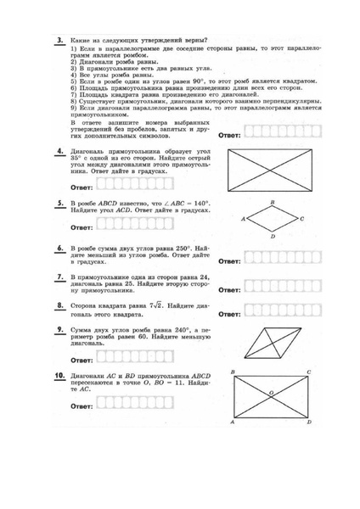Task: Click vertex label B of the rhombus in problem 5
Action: pyautogui.click(x=272, y=202)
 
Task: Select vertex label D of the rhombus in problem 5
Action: pyautogui.click(x=272, y=237)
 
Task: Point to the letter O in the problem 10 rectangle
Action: pyautogui.click(x=270, y=393)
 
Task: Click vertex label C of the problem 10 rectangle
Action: pyautogui.click(x=308, y=372)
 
